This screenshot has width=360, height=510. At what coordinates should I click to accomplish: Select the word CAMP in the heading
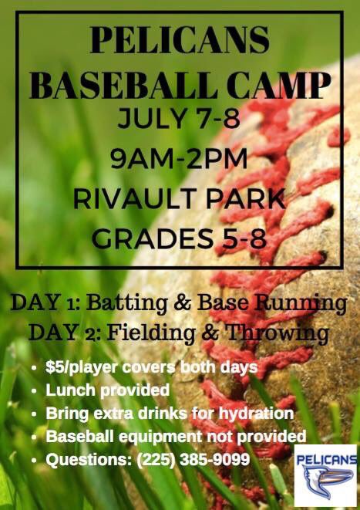click(281, 86)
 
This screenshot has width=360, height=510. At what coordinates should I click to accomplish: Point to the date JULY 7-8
click(180, 121)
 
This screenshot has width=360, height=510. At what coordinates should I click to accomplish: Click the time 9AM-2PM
click(180, 160)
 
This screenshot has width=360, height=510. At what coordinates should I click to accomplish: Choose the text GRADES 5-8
click(180, 236)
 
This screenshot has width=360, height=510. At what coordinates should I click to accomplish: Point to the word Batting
click(130, 302)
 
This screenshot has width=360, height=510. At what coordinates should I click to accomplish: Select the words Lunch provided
click(107, 390)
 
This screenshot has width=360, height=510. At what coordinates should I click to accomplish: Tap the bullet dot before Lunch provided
click(35, 390)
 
